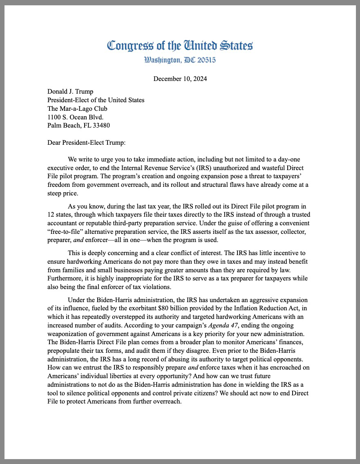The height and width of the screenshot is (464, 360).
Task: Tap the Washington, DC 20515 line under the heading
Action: coord(180,60)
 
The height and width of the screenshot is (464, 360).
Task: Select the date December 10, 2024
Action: coord(180,79)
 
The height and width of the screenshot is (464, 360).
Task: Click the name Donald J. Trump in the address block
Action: coord(70,92)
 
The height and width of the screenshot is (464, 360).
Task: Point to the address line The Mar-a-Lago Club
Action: coord(77,109)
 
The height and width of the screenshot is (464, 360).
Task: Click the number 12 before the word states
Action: coord(51,215)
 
